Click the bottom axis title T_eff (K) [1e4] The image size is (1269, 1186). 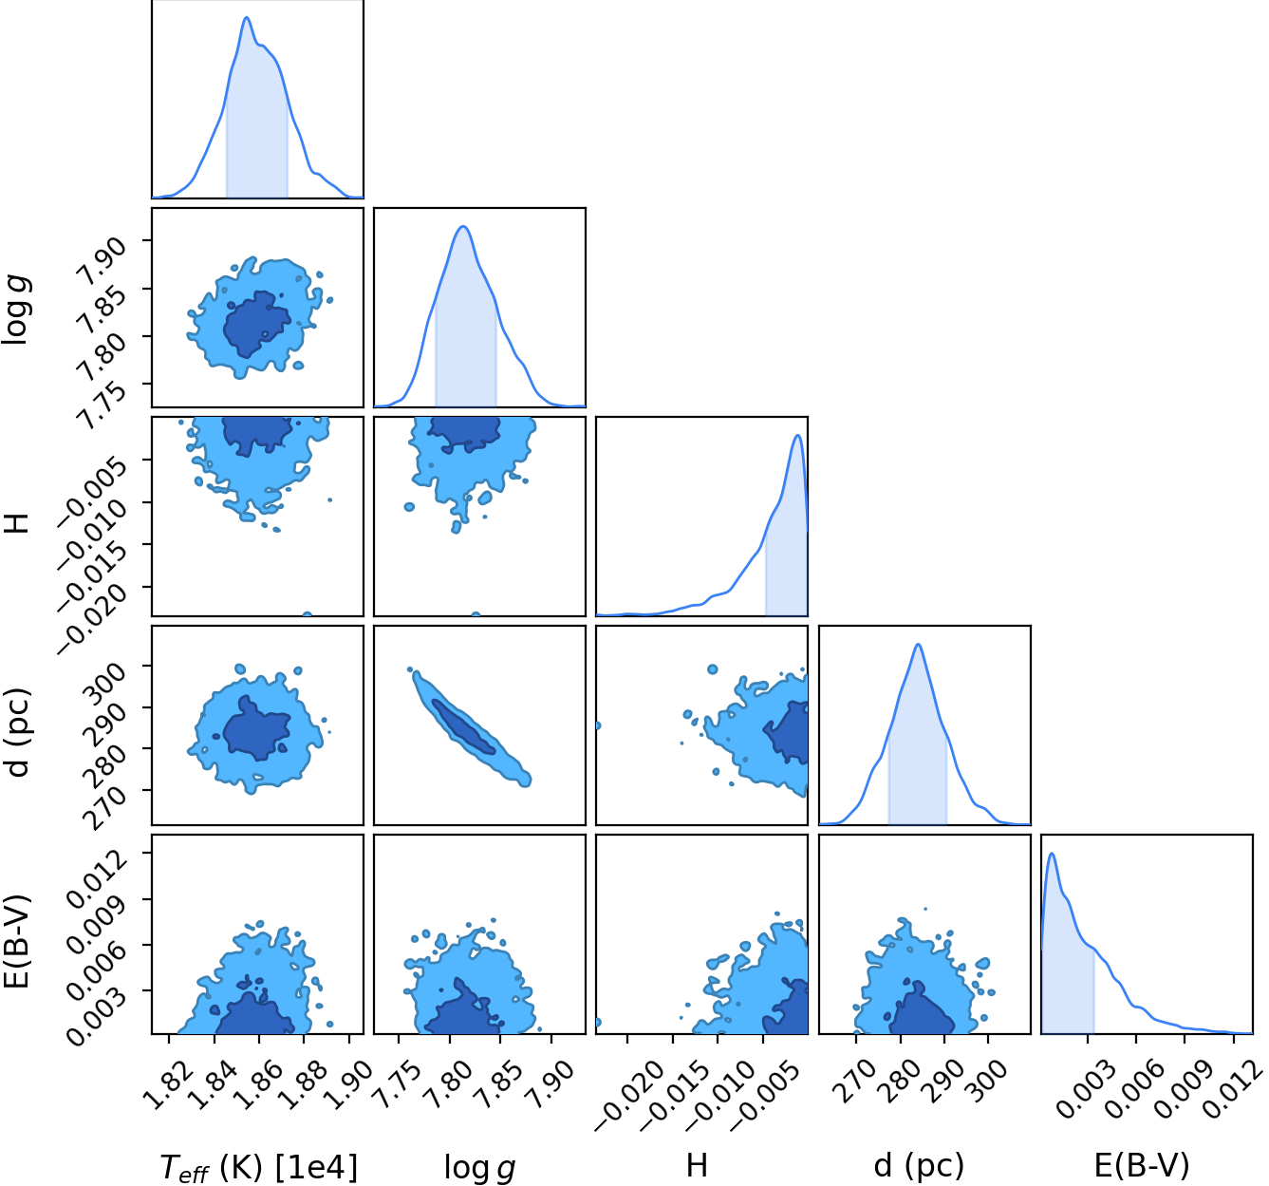point(258,1167)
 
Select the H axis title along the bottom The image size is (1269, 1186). point(697,1165)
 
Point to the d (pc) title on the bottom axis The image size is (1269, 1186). point(918,1166)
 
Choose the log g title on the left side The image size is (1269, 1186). point(15,311)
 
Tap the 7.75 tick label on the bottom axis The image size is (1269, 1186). point(397,1082)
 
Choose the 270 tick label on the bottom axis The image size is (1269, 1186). point(855,1079)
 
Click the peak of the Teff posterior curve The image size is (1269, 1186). point(247,17)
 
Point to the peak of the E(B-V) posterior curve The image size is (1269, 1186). point(1052,854)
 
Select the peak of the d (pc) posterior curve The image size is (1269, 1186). point(918,644)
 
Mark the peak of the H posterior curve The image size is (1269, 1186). point(797,436)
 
